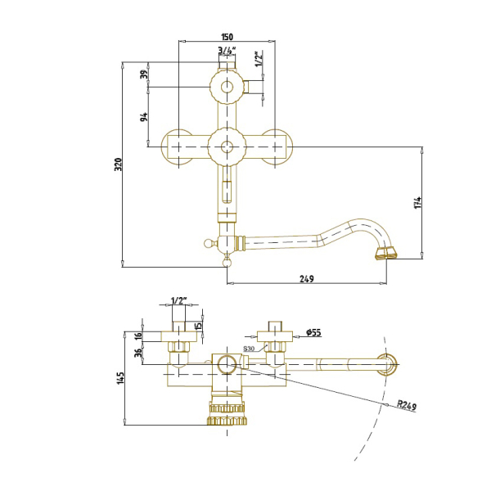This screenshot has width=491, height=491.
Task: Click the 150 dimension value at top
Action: (227, 37)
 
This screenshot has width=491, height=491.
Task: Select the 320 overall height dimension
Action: (118, 164)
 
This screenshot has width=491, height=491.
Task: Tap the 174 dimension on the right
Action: (417, 203)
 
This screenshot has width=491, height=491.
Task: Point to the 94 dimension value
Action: (144, 117)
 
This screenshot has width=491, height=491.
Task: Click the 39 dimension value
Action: (144, 74)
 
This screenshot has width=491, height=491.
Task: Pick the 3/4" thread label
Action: (227, 50)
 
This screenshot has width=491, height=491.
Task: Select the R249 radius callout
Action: (407, 406)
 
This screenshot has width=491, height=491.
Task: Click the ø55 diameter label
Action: (313, 332)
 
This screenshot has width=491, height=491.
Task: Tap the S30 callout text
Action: (249, 349)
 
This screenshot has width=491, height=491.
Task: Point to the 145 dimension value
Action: (120, 378)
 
